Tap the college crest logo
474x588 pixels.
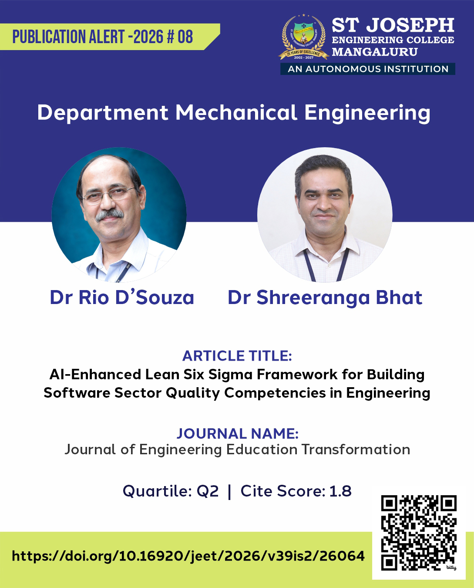coord(304,38)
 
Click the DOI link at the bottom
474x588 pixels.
coord(188,556)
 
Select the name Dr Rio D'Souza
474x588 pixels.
coord(122,297)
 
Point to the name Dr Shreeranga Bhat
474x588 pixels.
coord(325,297)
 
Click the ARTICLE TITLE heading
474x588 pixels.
coord(237,356)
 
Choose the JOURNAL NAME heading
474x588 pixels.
coord(237,433)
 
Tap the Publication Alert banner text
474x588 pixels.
coord(103,37)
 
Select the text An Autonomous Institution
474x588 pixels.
coord(368,69)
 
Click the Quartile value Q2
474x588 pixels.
coord(208,491)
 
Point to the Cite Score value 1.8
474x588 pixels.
coord(340,491)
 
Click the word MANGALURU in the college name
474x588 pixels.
coord(375,52)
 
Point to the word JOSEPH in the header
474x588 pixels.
coord(410,26)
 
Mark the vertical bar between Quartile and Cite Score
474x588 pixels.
coord(229,491)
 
